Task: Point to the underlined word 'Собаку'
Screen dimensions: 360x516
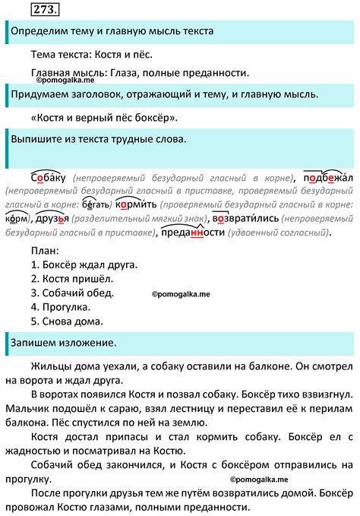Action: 50,176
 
